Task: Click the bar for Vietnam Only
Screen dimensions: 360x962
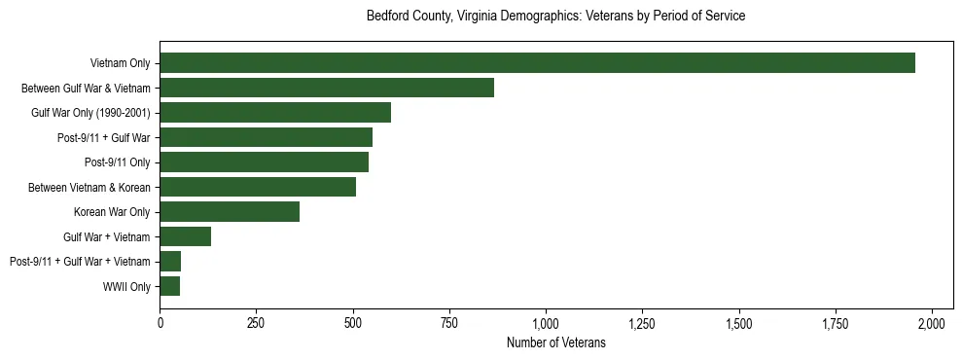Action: point(537,63)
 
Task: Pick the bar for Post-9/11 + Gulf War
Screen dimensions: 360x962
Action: point(266,137)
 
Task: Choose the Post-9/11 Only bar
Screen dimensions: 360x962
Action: point(264,162)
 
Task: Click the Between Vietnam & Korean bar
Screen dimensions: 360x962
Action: point(258,187)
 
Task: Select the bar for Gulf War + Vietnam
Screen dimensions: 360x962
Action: point(185,236)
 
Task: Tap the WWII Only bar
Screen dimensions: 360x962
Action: point(169,286)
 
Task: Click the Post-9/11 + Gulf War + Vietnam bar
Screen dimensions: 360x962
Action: point(170,262)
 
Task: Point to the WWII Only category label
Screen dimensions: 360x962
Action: point(126,286)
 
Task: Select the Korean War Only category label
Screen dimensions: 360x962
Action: point(112,212)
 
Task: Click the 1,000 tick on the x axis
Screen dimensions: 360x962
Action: point(546,322)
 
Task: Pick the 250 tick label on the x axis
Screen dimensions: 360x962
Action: point(256,322)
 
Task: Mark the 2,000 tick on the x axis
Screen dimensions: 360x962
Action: point(932,322)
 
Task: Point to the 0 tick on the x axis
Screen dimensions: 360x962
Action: point(160,322)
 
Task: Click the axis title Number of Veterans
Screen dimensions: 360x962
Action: point(556,342)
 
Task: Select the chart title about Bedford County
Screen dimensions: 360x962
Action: point(555,17)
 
